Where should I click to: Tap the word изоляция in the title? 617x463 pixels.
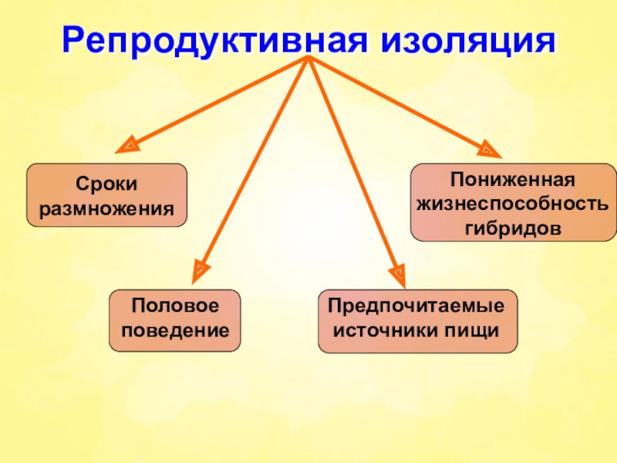tap(465, 39)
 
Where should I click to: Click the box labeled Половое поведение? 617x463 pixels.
tap(174, 320)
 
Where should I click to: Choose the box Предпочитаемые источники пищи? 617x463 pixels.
tap(417, 320)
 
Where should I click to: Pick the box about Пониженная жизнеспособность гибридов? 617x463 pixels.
tap(512, 201)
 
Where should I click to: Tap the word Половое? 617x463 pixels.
tap(174, 306)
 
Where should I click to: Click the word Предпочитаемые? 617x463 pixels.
tap(417, 306)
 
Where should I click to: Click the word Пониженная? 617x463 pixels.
tap(512, 180)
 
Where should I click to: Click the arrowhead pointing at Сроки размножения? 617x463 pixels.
tap(130, 144)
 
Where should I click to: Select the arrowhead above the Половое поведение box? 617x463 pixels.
tap(198, 269)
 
